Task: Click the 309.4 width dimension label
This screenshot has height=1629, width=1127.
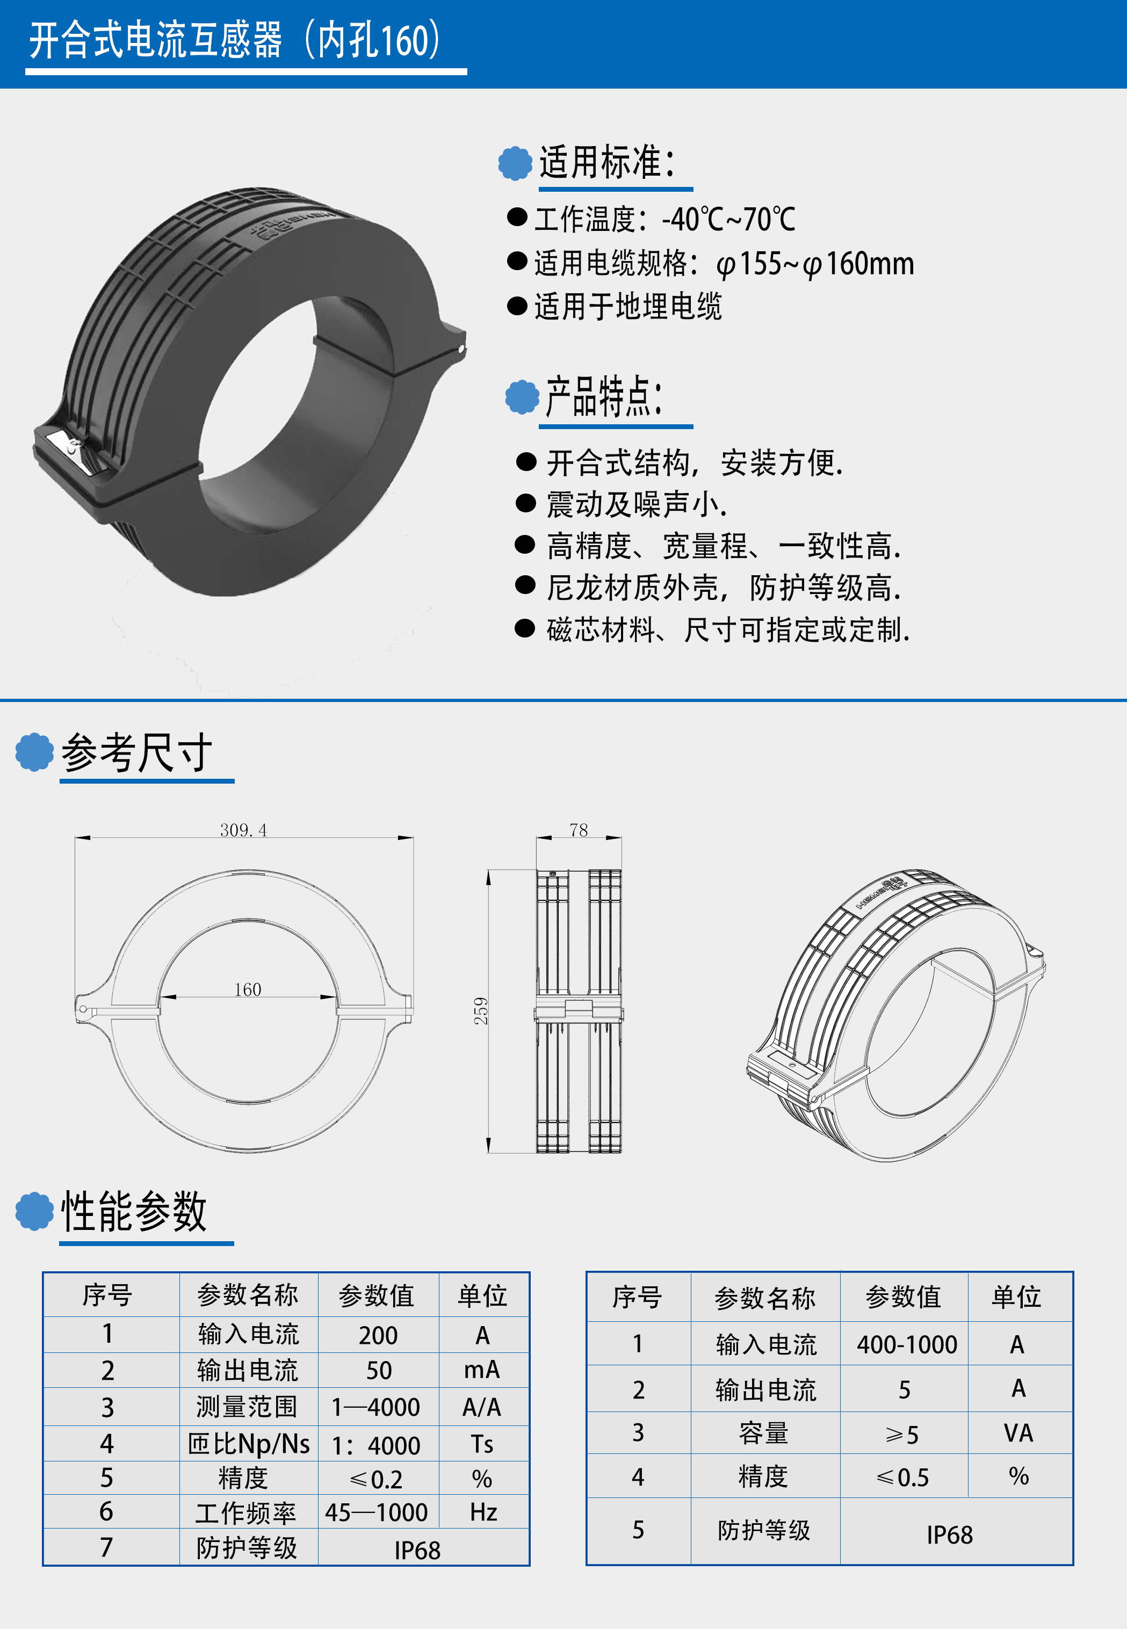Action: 244,830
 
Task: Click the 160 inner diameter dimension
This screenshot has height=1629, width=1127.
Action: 248,989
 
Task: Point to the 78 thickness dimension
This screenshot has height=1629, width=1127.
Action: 579,830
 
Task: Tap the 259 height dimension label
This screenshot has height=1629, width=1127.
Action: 481,1011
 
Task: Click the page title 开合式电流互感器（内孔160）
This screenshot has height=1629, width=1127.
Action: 235,40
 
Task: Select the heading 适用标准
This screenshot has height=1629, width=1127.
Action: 608,162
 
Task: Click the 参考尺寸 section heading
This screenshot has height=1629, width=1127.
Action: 137,752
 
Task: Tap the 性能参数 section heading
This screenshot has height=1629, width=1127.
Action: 134,1211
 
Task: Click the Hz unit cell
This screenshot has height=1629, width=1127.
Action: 483,1512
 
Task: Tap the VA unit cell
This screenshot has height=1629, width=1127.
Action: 1018,1433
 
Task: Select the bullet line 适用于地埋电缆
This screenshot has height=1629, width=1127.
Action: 615,306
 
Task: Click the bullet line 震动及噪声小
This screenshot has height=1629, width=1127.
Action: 622,504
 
